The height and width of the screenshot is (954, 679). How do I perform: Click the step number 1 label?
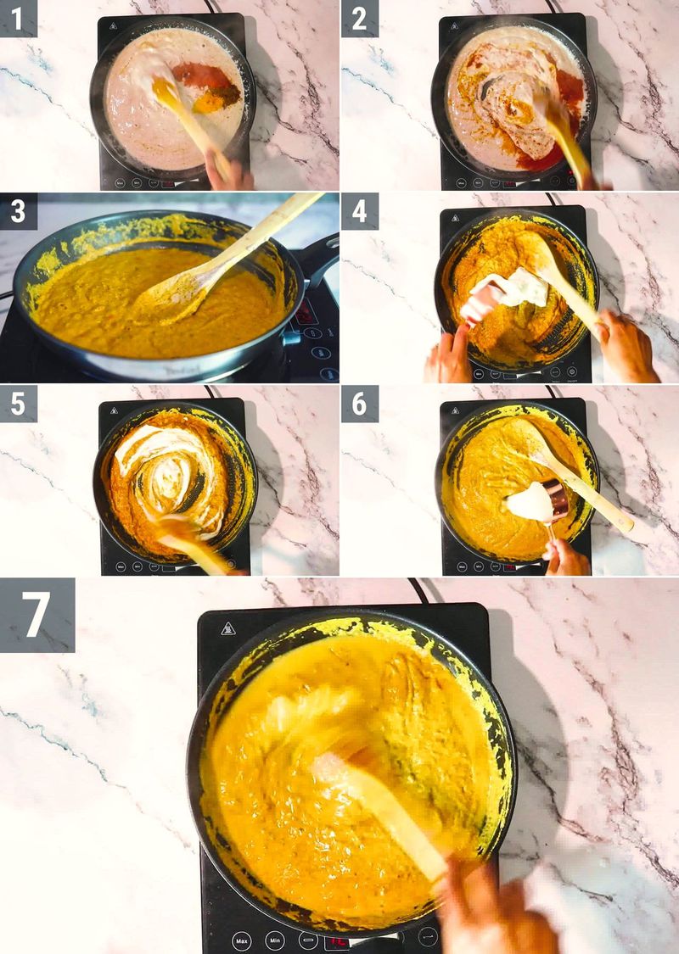point(18,18)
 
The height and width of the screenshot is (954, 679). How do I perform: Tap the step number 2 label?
point(359,18)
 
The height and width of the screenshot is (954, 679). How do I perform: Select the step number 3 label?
point(18,211)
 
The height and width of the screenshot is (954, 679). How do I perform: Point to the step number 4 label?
point(359,211)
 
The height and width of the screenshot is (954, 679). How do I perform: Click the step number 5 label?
point(18,404)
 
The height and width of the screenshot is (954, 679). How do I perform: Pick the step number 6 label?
point(359,404)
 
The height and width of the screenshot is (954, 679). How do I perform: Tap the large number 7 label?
point(36,615)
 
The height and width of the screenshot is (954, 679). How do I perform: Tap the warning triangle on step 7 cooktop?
point(228,628)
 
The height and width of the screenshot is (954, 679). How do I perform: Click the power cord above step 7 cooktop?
point(418,590)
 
